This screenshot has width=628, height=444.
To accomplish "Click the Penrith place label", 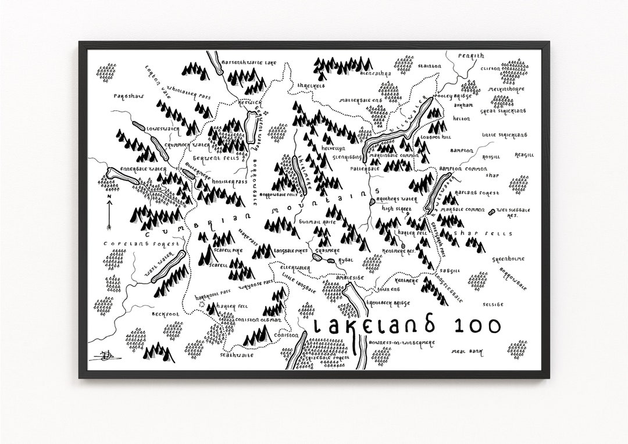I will click(470, 56).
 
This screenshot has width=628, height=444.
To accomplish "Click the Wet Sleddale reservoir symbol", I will click(493, 211).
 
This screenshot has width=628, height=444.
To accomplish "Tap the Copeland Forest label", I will click(123, 242).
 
